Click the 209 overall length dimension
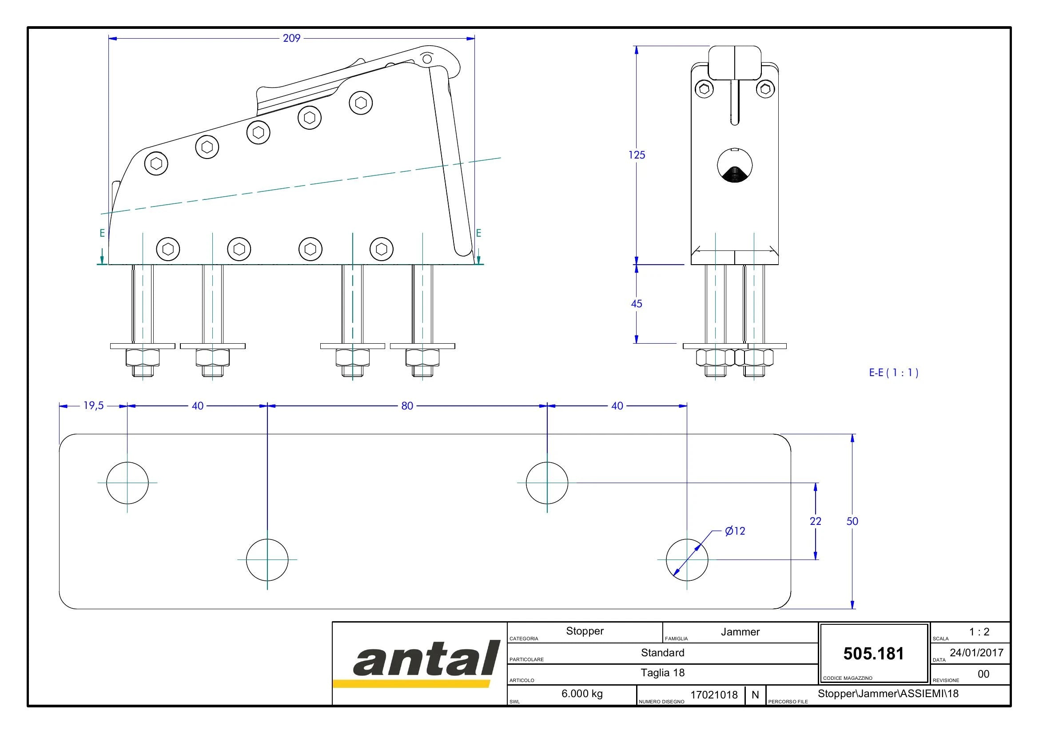tap(291, 39)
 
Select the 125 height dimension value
tap(637, 155)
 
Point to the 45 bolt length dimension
tap(637, 304)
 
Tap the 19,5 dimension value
tap(94, 406)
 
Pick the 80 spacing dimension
tap(407, 406)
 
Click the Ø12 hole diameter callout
tap(735, 531)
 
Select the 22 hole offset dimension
tap(816, 521)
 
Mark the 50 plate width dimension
tap(852, 521)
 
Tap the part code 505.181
tap(873, 654)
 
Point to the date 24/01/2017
tap(976, 653)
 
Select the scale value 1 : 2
tap(979, 632)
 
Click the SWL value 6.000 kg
tap(582, 694)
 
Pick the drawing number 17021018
tap(714, 695)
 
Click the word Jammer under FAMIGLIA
tap(740, 632)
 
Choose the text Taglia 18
tap(662, 673)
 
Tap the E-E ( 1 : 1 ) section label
tap(894, 373)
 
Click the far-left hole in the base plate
tap(127, 483)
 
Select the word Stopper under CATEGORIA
tap(585, 631)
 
